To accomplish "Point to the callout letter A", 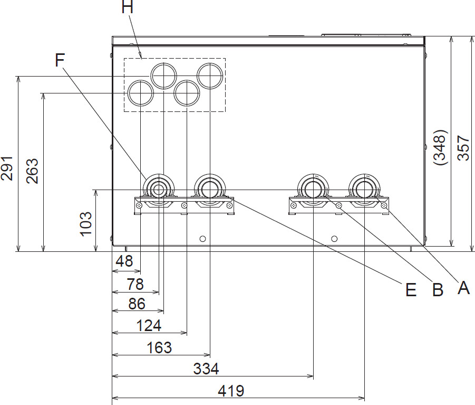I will tap(463, 288).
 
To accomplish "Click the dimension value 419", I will tap(230, 391).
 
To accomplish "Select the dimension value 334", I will tap(205, 369).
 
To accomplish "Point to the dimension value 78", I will tap(135, 284).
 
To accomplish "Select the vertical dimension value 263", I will tap(32, 171).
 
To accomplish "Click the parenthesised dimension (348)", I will tap(440, 148).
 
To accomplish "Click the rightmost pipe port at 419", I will tap(364, 188).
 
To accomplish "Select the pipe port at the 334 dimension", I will tap(313, 188).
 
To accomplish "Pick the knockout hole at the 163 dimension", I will tap(210, 75).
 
